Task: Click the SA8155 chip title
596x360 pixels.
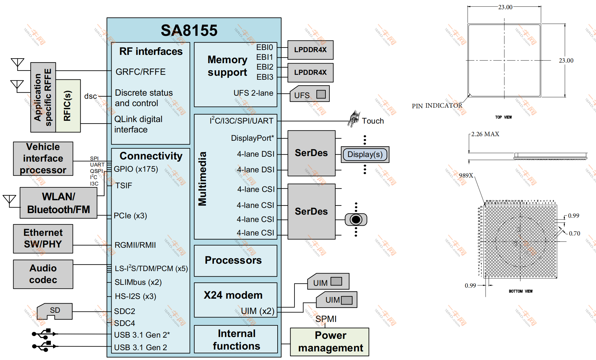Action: pos(189,30)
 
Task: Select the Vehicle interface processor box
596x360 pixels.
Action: pos(43,159)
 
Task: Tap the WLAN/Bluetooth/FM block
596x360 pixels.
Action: pos(59,203)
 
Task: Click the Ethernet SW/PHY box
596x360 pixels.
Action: pos(43,239)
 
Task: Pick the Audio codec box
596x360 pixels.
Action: pos(43,274)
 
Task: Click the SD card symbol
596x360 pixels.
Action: pos(55,311)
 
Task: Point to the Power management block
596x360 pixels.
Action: pos(330,342)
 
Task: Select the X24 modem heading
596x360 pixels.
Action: pos(233,295)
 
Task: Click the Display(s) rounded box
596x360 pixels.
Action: pos(365,154)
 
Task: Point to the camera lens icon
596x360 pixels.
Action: pos(356,220)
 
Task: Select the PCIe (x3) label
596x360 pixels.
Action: pos(130,216)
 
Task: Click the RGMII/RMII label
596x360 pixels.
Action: pos(135,245)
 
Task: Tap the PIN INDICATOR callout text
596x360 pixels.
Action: pos(437,106)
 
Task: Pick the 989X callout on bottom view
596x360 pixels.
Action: pos(466,175)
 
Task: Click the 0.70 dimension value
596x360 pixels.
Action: pos(574,233)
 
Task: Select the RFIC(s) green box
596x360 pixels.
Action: pos(68,106)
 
